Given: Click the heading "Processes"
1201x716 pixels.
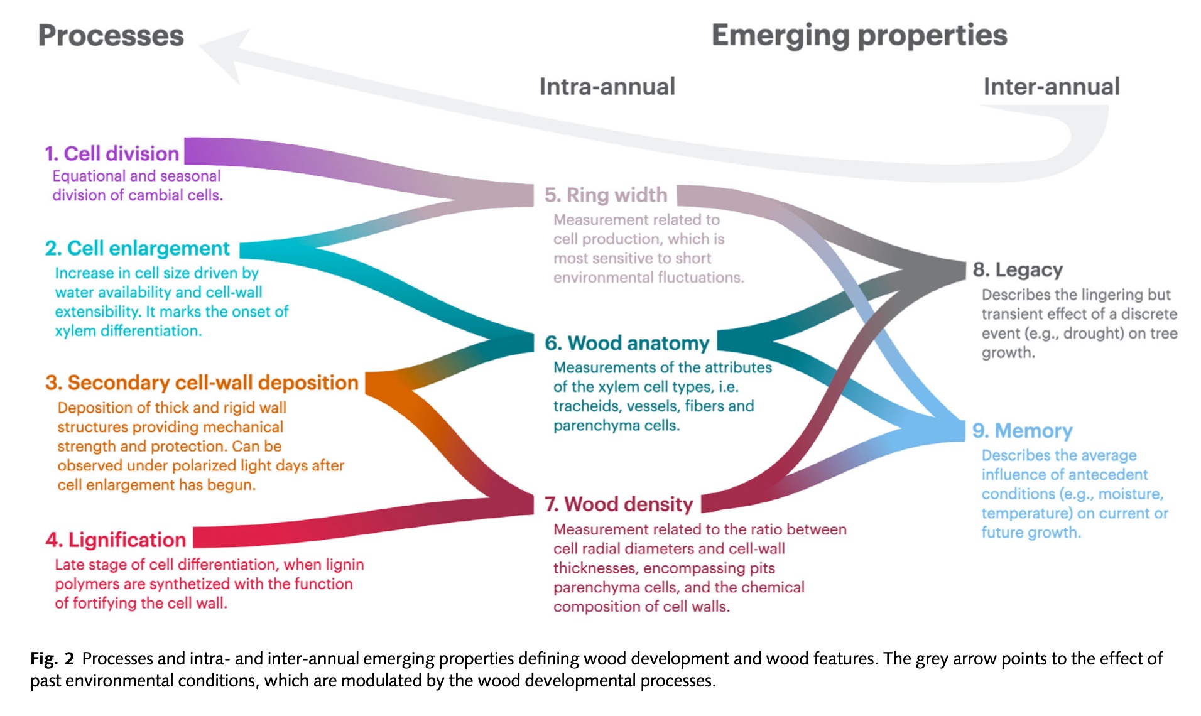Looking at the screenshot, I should pos(111,35).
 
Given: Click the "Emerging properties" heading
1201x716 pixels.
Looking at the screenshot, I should pos(859,35).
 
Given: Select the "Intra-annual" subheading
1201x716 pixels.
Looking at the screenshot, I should pos(607,87).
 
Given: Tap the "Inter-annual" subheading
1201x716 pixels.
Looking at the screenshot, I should pos(1051,87).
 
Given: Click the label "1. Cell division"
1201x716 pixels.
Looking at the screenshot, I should pos(112,153).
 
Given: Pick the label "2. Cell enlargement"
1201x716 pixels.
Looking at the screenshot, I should pos(137,248).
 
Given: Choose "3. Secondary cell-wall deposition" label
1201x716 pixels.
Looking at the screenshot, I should pos(202,382).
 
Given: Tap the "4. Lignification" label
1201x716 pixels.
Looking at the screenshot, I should pos(116,540).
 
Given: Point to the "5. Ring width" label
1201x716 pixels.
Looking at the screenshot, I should pos(606,195).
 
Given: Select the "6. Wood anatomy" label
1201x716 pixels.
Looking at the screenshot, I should pos(626,343).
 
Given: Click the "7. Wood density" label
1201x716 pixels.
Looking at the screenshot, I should pos(618,504).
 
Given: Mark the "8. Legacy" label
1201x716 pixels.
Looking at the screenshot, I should pos(1018,269).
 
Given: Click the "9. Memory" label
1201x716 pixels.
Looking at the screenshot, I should pos(1022,431).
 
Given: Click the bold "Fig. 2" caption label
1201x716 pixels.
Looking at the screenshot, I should pos(52,658).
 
